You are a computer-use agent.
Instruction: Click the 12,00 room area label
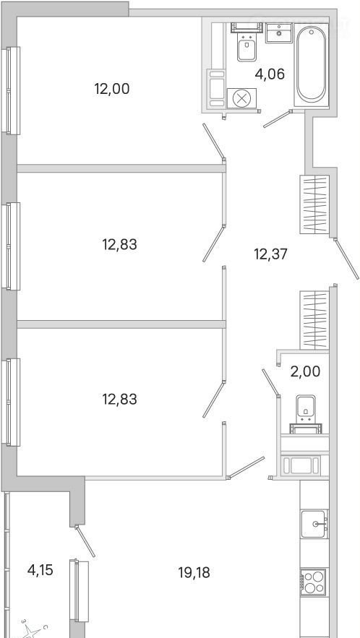tap(112, 89)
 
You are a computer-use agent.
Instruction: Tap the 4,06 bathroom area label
tap(269, 74)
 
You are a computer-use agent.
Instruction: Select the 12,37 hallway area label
tap(271, 255)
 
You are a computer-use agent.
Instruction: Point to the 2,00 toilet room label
tap(305, 371)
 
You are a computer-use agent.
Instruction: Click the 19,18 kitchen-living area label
tap(194, 573)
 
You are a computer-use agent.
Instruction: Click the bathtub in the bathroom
tap(311, 65)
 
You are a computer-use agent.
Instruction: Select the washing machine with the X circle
tap(241, 98)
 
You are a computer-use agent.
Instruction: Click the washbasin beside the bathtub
tap(279, 33)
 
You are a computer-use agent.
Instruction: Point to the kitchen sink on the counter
tap(314, 524)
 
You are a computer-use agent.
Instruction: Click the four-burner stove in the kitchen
tap(313, 582)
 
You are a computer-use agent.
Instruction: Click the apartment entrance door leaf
tap(346, 259)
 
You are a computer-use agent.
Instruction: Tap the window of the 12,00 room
tap(11, 90)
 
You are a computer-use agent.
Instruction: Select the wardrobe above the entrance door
tap(314, 204)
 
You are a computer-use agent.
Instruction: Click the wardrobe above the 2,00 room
tap(314, 320)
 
